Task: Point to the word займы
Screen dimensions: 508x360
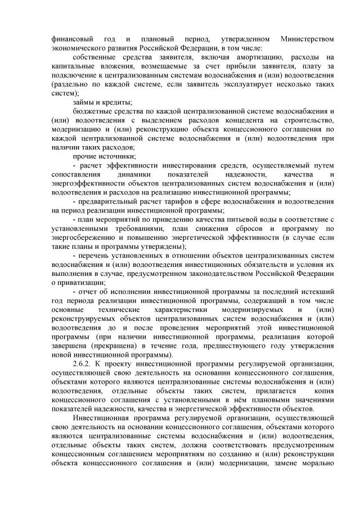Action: click(85, 102)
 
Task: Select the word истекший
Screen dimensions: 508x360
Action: click(317, 291)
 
